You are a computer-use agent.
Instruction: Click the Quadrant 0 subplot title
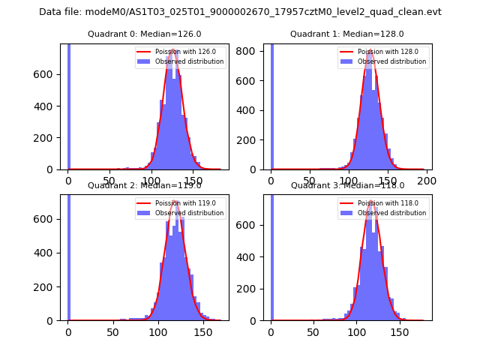[144, 34]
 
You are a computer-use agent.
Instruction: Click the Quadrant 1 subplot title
[347, 34]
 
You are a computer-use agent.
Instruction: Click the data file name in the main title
[240, 12]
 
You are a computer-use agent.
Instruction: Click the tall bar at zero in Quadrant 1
[271, 105]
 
